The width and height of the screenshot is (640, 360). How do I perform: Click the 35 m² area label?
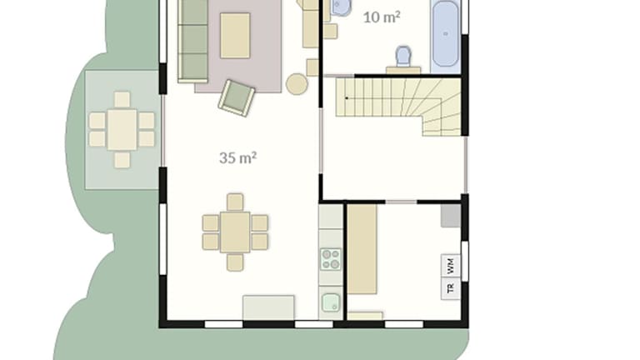point(238,157)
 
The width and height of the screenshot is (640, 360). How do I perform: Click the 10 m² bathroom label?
point(382,17)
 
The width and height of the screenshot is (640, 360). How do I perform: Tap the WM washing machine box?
point(451,266)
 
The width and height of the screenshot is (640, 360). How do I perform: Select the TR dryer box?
point(451,288)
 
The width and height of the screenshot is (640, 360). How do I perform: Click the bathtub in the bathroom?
point(445,34)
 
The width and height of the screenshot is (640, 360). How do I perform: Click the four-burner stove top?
point(331,259)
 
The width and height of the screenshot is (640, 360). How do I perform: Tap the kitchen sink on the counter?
point(331,302)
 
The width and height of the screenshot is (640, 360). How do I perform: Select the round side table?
point(297,84)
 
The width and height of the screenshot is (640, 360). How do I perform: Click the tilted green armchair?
point(237,98)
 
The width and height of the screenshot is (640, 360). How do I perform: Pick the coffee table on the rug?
point(235,36)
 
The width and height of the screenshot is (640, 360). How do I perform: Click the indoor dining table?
point(235,232)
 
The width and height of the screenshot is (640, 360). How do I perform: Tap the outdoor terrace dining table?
point(122,129)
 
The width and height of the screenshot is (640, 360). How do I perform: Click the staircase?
point(398,106)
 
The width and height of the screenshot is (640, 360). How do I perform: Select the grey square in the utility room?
point(451,216)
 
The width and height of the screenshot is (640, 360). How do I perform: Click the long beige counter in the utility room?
point(362,249)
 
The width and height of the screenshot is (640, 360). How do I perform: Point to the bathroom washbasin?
point(341,7)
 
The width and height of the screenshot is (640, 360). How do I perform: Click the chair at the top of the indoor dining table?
point(235,202)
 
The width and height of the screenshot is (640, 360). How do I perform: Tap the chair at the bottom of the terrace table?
point(122,160)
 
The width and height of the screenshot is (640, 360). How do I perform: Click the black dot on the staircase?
point(347,98)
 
